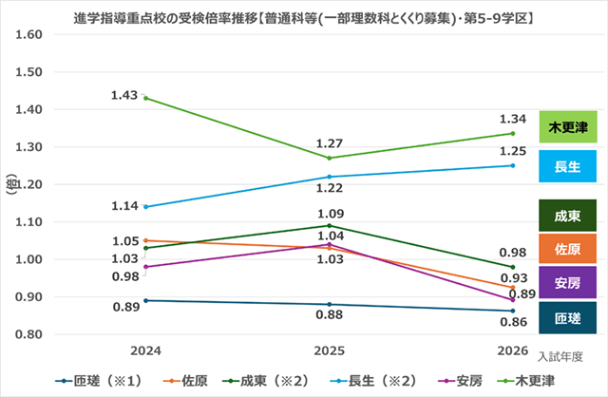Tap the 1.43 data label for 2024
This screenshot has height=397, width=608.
(x=125, y=95)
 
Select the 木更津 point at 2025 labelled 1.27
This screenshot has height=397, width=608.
(x=330, y=158)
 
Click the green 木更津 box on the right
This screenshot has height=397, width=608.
(x=567, y=127)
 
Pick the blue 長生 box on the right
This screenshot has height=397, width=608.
(x=567, y=165)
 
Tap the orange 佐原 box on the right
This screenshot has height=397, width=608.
(x=567, y=249)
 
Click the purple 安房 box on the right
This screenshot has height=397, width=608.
(x=567, y=282)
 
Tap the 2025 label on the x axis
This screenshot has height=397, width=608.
(x=330, y=350)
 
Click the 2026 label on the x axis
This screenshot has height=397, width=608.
(x=513, y=350)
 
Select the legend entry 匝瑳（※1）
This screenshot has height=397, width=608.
(x=103, y=381)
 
